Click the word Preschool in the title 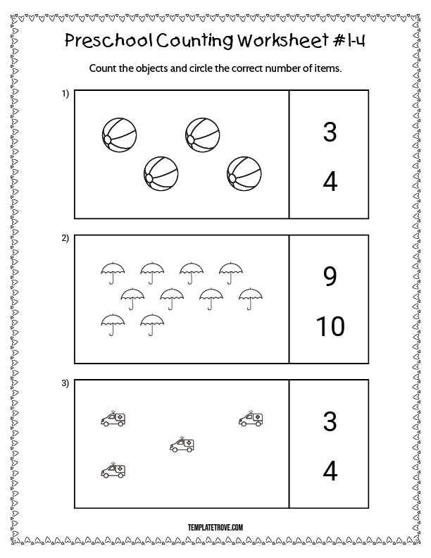click(x=109, y=41)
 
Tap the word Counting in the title click(x=195, y=41)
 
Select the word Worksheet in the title click(x=283, y=40)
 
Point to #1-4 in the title click(x=349, y=40)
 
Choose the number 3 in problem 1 click(x=330, y=132)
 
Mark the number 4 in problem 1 click(x=330, y=182)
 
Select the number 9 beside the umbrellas click(x=330, y=276)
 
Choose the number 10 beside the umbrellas click(x=330, y=326)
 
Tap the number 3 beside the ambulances click(x=330, y=421)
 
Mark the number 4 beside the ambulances click(x=330, y=471)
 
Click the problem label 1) click(x=65, y=94)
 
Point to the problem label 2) click(x=65, y=238)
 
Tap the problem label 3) click(x=65, y=383)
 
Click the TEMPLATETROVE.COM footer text click(x=216, y=528)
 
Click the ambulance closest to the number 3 click(x=251, y=418)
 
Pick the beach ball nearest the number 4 click(x=244, y=174)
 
